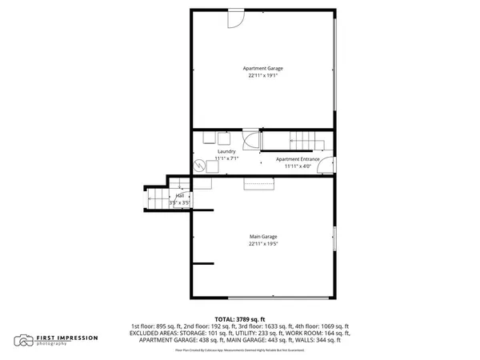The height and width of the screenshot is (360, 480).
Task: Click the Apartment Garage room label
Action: click(x=263, y=68)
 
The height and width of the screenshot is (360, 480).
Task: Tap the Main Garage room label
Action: click(x=263, y=237)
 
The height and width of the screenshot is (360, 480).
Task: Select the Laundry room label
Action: click(x=226, y=151)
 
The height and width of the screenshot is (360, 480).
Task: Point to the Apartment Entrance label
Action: click(x=298, y=159)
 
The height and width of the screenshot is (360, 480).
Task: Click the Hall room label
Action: click(x=180, y=196)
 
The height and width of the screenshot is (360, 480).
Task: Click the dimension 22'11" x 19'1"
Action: click(x=263, y=75)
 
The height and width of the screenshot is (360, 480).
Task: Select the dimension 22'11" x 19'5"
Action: click(x=263, y=244)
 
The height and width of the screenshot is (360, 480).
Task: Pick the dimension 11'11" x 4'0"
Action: click(x=298, y=166)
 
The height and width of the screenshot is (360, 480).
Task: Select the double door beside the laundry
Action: click(x=250, y=140)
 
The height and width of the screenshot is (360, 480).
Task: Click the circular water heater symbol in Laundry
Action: click(x=198, y=166)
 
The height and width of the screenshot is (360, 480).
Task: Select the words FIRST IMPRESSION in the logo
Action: click(x=67, y=338)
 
